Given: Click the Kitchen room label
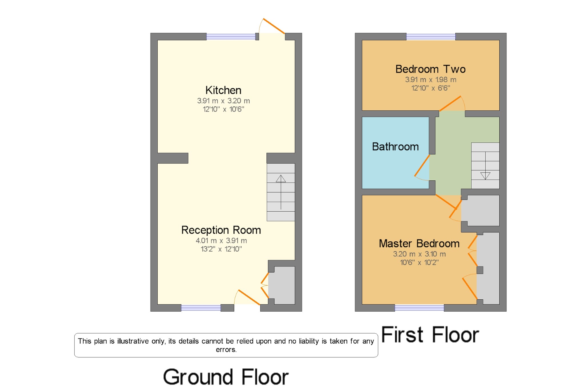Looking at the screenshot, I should pos(223,90).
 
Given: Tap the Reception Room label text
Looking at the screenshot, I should pos(221,230).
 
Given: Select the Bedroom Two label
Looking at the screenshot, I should pos(430,69).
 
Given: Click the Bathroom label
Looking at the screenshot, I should pos(395,147).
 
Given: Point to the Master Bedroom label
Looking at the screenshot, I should pos(419,244).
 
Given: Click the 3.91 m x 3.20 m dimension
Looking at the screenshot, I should pos(223,101).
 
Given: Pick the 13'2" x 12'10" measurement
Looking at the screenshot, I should pos(221,249).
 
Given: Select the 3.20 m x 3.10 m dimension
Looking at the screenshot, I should pos(419,254).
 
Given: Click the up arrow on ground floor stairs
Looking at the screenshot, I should pos(281,179).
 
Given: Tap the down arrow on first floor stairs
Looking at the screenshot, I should pos(485,175).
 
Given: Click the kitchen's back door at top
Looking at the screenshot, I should pos(273,25).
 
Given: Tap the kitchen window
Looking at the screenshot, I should pos(231,37).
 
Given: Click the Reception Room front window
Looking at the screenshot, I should pos(201,308).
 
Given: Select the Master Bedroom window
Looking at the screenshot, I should pos(419,308).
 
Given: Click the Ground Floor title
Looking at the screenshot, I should pos(226,377).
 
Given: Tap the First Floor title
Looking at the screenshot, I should pos(430,335).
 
